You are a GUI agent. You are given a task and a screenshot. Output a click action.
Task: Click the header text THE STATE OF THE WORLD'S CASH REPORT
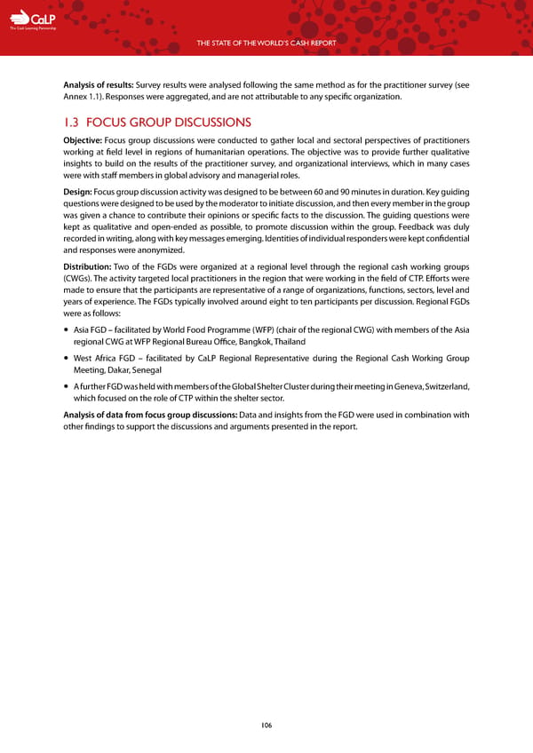pyautogui.click(x=266, y=44)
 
